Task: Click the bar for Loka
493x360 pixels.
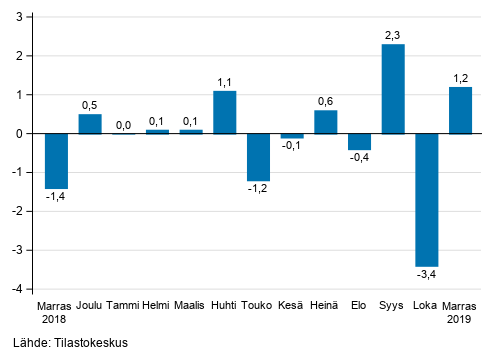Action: [427, 199]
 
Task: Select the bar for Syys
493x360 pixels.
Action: [393, 89]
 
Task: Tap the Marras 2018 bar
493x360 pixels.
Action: [56, 160]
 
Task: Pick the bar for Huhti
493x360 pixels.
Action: [224, 112]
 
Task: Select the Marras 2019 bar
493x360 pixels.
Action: [460, 110]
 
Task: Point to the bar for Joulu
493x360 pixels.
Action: [90, 123]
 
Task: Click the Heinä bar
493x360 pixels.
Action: [325, 121]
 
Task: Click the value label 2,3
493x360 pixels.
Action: [393, 35]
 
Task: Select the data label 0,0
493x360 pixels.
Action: [124, 124]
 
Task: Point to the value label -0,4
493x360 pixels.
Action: [359, 159]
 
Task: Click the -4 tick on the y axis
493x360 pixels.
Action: [20, 289]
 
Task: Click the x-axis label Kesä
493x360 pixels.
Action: [292, 306]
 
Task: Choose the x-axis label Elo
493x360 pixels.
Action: [359, 306]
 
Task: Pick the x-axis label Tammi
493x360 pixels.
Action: [124, 306]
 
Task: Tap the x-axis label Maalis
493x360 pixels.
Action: [191, 306]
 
